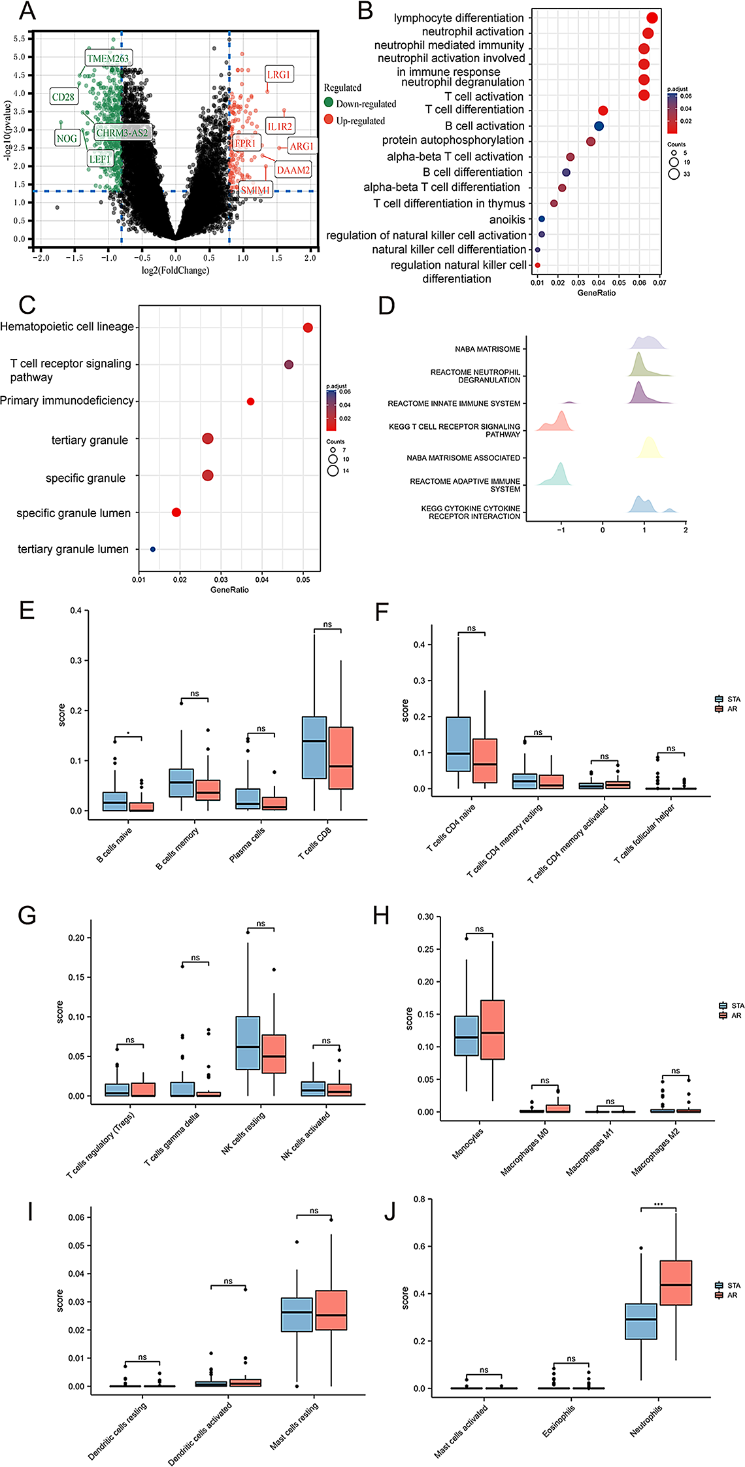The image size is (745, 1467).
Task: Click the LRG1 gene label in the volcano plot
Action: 278,75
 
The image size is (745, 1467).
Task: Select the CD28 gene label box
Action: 63,97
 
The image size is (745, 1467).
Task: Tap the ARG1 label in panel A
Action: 301,146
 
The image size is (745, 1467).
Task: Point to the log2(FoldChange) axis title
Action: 175,271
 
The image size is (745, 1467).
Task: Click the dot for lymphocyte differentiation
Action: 652,18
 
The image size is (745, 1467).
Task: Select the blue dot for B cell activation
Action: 599,126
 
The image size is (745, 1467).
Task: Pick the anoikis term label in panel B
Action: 507,220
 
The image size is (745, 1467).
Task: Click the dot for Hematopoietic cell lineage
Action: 308,328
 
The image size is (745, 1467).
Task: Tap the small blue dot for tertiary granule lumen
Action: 153,549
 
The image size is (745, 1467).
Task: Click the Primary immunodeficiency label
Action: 67,401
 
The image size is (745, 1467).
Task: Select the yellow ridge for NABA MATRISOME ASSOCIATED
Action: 649,448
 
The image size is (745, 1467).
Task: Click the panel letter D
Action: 387,305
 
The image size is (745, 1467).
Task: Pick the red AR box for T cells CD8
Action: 340,758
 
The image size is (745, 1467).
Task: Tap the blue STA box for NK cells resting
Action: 248,1043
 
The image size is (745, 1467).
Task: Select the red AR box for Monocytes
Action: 492,1030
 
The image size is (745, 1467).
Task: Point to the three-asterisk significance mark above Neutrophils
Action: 658,1204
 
